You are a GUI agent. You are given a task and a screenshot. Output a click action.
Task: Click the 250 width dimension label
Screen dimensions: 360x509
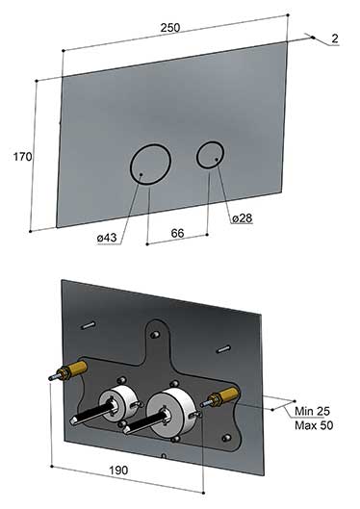[170, 28]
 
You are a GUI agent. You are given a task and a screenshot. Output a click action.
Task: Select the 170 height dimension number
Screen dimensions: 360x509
[22, 157]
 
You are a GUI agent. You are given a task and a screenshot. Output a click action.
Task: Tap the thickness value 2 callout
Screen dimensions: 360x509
[335, 38]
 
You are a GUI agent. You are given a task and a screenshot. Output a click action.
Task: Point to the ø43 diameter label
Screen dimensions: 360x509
[107, 238]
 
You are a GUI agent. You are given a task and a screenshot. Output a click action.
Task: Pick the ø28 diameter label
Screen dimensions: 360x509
[243, 218]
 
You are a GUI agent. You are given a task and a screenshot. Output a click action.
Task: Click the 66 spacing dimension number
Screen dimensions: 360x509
[177, 233]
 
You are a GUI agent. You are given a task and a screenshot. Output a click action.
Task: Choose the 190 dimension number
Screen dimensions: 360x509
[118, 471]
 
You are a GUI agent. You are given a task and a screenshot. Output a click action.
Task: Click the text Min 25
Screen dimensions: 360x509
[312, 411]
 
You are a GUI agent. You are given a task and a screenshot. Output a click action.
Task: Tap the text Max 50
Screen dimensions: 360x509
[314, 425]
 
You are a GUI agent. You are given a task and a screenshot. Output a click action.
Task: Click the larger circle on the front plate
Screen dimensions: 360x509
[130, 165]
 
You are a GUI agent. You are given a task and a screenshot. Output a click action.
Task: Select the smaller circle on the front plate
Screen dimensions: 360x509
[196, 155]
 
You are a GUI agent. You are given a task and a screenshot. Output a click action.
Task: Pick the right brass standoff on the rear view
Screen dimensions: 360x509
[223, 395]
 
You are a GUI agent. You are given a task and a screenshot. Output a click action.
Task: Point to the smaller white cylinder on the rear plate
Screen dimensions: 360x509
[117, 402]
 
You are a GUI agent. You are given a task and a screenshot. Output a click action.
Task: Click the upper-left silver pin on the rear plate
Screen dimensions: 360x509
[88, 325]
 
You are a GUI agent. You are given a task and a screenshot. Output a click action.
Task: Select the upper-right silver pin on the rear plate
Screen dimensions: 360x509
[223, 349]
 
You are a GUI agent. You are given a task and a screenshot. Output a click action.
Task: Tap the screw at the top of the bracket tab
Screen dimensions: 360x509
[156, 334]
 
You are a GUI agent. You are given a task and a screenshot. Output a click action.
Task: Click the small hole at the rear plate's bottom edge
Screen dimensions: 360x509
[164, 456]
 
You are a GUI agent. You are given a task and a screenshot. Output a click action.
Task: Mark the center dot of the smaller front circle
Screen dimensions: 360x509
[217, 159]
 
